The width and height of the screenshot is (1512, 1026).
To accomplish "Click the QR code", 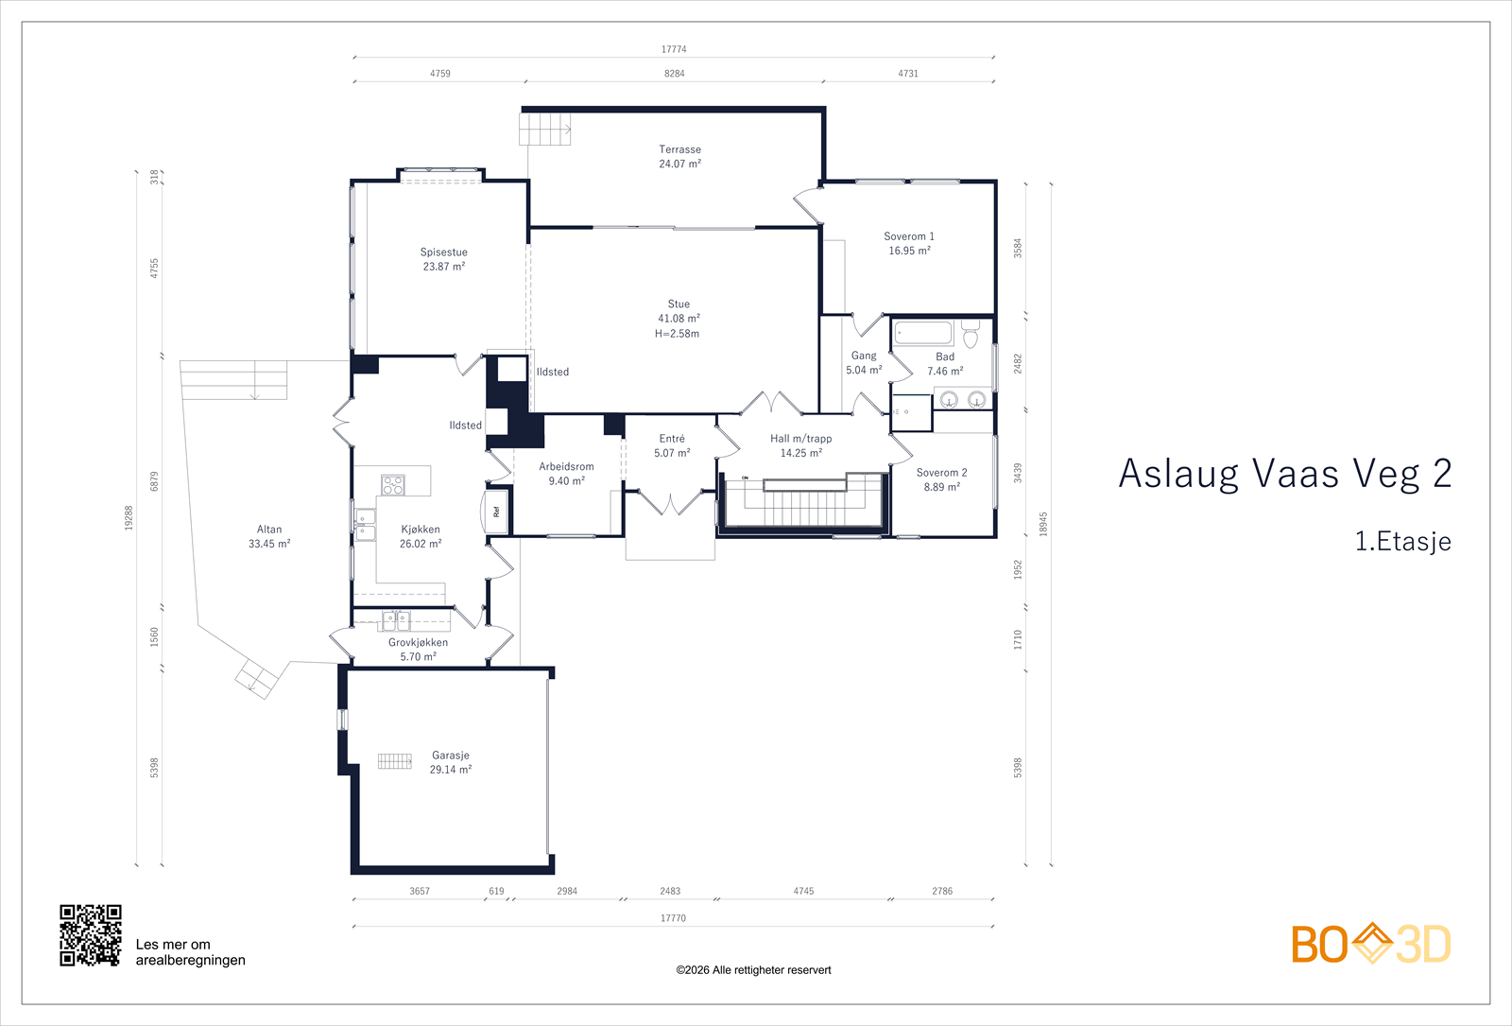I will [x=91, y=935].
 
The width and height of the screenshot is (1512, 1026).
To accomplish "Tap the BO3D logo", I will [x=1371, y=944].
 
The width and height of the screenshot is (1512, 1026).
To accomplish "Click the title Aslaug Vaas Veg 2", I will [x=1284, y=474].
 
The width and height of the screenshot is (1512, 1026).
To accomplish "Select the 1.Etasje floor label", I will [x=1402, y=542].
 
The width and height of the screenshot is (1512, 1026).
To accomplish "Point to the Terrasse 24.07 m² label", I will [x=679, y=157].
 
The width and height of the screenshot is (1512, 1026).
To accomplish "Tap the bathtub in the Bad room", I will [x=923, y=333].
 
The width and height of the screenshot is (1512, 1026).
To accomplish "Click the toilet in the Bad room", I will [x=971, y=335].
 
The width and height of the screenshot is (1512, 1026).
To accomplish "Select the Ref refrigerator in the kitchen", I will [x=497, y=511].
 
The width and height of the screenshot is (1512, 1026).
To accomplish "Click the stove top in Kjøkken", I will [x=393, y=485].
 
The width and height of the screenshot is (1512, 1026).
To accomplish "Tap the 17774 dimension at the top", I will [x=674, y=49].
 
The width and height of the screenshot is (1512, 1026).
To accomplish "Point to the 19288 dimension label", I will [x=129, y=517].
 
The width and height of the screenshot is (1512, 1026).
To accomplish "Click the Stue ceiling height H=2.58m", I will [x=678, y=334].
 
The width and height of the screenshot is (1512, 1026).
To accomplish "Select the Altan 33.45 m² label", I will [x=269, y=536].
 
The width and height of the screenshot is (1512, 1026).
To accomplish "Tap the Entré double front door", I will [x=670, y=501].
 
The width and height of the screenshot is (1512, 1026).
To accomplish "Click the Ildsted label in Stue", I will [x=553, y=372].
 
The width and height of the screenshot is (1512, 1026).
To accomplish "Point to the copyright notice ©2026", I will [x=753, y=970].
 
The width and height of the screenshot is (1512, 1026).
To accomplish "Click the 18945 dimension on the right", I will [x=1043, y=524].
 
